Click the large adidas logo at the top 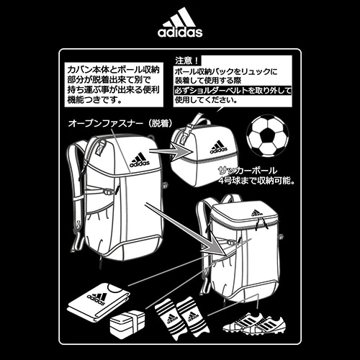pos(180,22)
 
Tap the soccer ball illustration pos(268,136)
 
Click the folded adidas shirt pos(99,301)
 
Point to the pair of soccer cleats pos(254,323)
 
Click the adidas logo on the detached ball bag pos(219,147)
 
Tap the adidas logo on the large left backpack pos(140,161)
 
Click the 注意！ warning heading pos(187,60)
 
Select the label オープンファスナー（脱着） pos(120,124)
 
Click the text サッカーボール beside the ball pos(248,171)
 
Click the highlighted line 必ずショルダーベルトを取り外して pos(233,91)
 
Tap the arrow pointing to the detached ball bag pos(171,151)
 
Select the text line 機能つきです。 pos(94,99)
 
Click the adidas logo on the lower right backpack pos(257,213)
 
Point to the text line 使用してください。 pos(207,100)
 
